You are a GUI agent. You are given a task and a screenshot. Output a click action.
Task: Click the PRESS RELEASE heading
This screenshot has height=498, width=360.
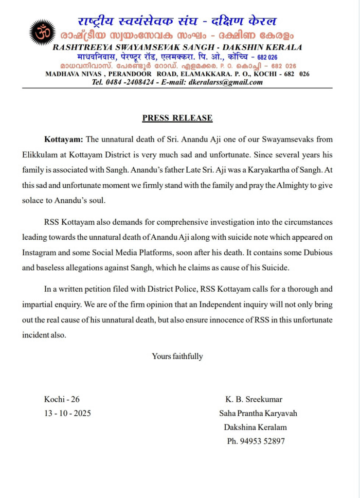pos(177,118)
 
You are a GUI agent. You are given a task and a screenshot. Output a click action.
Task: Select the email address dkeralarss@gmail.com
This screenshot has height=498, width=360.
pos(228,82)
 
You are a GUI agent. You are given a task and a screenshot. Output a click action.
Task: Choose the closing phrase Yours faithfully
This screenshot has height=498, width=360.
pos(177,356)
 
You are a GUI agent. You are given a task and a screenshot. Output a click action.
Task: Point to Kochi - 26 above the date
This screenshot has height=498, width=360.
pos(62,400)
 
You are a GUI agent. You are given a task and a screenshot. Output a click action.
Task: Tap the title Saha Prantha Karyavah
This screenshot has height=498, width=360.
pos(258,413)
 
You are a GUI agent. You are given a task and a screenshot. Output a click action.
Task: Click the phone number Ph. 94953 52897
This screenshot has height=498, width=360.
pos(255,442)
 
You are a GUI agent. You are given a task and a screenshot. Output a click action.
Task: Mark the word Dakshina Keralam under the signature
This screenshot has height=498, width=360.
pos(255,427)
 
